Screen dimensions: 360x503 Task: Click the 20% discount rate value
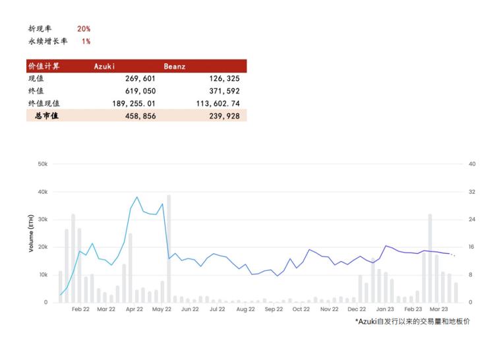[84, 29]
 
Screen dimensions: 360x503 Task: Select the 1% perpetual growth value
[86, 42]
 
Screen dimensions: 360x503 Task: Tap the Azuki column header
[104, 66]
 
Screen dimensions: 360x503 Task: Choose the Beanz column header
[175, 66]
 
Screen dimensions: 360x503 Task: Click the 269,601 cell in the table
[140, 78]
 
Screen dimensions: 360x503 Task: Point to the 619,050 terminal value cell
[140, 91]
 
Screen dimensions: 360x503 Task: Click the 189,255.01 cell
[134, 103]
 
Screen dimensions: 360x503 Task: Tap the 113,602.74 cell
[218, 103]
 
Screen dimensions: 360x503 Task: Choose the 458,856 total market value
[140, 115]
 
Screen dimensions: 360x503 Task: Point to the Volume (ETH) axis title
[31, 233]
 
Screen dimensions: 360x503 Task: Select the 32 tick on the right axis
[471, 192]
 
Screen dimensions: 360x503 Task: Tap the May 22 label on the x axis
[162, 309]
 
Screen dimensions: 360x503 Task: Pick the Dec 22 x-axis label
[357, 309]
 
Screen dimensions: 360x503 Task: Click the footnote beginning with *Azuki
[412, 321]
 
